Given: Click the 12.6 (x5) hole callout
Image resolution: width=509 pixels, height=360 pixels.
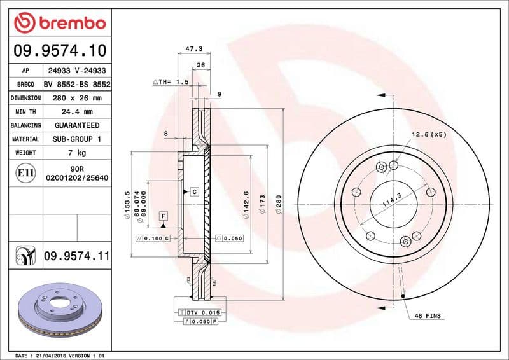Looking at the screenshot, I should click(x=429, y=135).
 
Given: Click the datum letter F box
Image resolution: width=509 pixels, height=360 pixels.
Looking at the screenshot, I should click(x=164, y=216).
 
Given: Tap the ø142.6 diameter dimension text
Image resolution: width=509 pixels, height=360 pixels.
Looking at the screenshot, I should click(x=247, y=205).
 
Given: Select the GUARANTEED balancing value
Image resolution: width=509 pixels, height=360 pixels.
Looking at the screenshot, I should click(x=76, y=125).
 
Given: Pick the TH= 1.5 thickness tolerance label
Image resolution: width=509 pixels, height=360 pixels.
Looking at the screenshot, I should click(x=171, y=82).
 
